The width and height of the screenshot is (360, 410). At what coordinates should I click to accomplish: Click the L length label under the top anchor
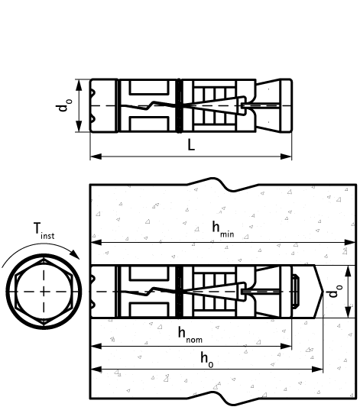click(191, 145)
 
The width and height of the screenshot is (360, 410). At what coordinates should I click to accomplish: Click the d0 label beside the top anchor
click(63, 105)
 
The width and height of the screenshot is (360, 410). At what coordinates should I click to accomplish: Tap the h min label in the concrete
click(222, 230)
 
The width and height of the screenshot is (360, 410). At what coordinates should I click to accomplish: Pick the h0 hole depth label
click(206, 357)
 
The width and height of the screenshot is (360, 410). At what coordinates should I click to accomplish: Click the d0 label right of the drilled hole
click(331, 292)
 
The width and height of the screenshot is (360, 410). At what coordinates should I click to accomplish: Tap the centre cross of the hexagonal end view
click(44, 292)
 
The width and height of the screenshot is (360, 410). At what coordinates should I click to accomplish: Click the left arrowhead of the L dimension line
click(93, 157)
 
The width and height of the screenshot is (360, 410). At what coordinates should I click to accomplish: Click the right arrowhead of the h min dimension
click(352, 243)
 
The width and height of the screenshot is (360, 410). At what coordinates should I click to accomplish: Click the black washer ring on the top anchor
click(178, 105)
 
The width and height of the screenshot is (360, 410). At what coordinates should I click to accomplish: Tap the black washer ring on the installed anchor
click(178, 292)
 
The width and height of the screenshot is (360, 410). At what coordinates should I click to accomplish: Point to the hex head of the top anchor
click(103, 105)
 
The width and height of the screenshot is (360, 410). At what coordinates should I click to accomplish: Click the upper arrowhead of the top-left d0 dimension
click(78, 82)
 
